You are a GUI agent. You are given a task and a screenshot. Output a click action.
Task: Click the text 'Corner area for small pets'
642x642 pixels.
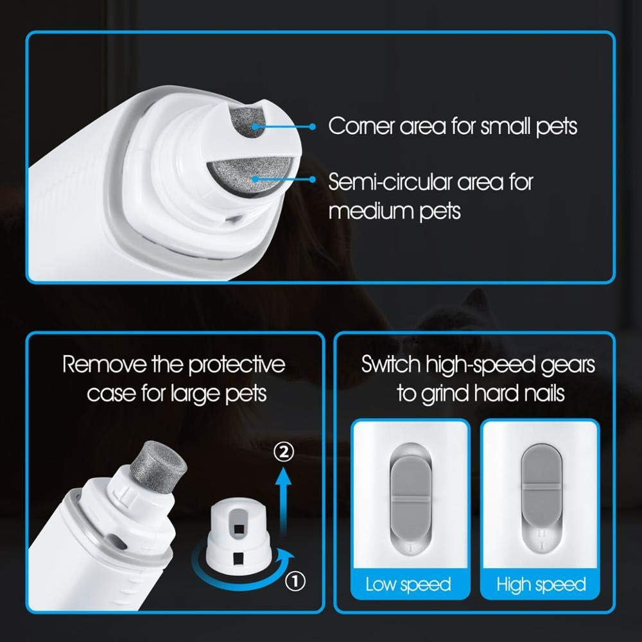[453, 126]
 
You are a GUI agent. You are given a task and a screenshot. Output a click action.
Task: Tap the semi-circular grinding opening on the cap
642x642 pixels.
[247, 177]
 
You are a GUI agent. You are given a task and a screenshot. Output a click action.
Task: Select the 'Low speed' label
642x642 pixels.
[408, 584]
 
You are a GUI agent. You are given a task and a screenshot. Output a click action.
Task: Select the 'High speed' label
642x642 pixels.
[541, 584]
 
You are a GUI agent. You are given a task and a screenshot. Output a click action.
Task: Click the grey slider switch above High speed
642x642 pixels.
[541, 486]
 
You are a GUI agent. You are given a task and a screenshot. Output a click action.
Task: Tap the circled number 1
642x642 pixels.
[294, 582]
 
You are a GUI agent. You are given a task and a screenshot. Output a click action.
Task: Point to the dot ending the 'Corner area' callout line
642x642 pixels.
[313, 126]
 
